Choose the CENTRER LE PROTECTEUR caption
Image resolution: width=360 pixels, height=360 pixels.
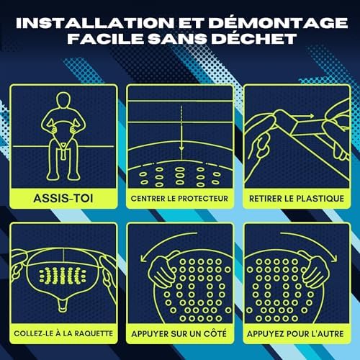click(x=179, y=197)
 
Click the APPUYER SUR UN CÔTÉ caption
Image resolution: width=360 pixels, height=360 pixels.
click(x=179, y=333)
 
